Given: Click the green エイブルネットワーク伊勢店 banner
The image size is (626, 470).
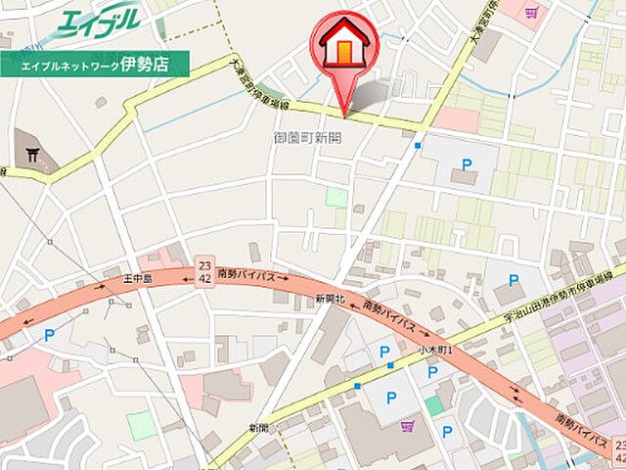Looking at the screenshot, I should point(85,65).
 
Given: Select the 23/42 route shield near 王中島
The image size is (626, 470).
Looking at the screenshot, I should point(204,271).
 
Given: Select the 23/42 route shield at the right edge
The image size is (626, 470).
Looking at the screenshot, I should point(618,451).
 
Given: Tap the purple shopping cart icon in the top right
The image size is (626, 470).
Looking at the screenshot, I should point(531,12).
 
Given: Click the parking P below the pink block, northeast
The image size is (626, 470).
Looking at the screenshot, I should point(466,164).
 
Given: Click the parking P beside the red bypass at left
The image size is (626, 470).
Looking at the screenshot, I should point(49,334).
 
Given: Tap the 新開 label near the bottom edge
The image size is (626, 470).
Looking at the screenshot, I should point(258,428).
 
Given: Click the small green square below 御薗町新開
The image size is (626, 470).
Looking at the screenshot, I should point(335,197).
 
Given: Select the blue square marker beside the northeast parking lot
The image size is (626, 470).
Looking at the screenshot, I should point(418,145).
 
